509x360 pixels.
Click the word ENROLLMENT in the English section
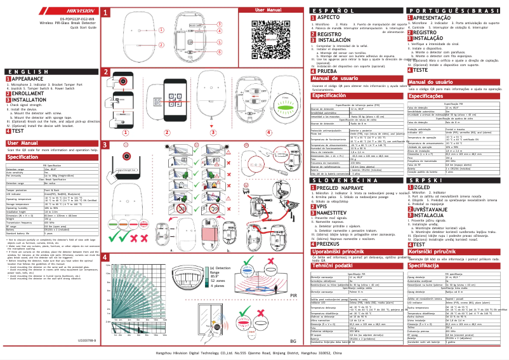[x=29, y=93]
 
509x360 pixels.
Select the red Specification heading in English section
[x=28, y=157]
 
